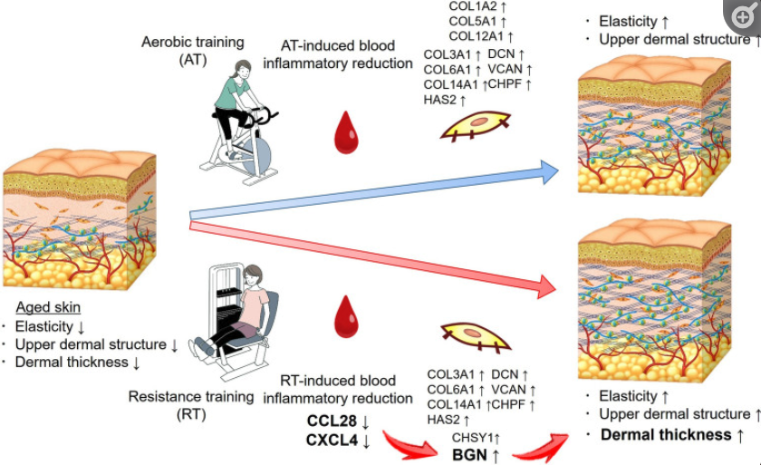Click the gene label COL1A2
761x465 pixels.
[x=473, y=6]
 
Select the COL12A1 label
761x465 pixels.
[x=477, y=36]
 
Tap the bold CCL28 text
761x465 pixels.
[x=332, y=421]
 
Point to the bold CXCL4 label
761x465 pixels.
[x=332, y=441]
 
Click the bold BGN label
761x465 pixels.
[x=469, y=455]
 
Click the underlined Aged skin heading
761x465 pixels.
[x=48, y=307]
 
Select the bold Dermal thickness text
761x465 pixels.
[x=666, y=434]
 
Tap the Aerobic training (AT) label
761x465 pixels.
[x=193, y=51]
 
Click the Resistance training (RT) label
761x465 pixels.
[x=191, y=405]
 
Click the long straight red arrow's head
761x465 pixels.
[x=547, y=286]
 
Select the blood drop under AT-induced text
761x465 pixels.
[x=346, y=133]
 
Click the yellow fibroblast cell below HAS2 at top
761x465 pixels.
[x=477, y=126]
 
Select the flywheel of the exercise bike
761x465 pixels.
[x=256, y=155]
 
